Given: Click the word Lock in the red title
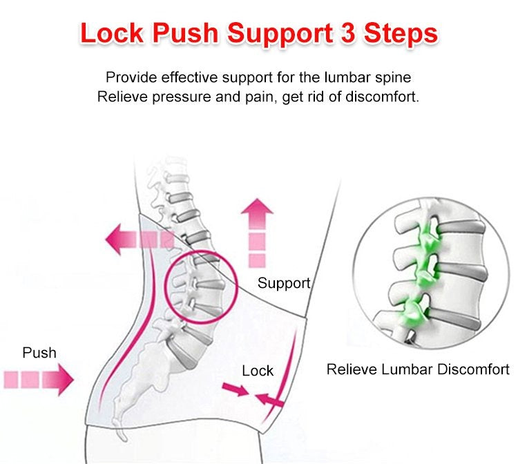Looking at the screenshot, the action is (112, 33).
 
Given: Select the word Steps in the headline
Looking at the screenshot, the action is (401, 35).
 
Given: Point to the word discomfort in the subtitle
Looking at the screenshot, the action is (382, 97).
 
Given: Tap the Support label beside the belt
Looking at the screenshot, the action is (284, 284).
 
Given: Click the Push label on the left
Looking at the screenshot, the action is (39, 353).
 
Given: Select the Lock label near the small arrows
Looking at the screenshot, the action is (258, 371).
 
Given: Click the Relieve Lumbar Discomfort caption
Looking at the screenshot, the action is (418, 369).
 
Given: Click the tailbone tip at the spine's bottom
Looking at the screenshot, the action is (124, 438).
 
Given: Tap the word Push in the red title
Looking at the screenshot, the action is (185, 33).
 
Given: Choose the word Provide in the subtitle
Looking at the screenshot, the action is (131, 77).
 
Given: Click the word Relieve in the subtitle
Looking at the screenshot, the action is (122, 97).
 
